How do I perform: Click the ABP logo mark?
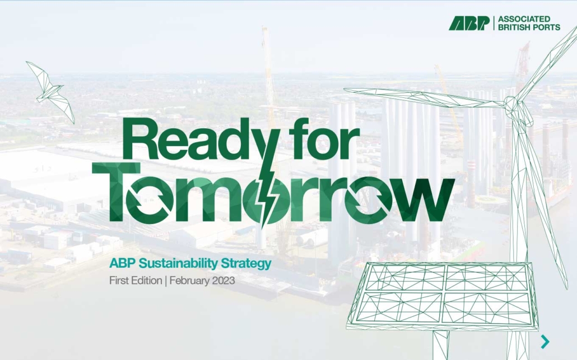pos(469,23)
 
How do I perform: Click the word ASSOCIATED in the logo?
pos(524,19)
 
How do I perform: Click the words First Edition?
pos(136,280)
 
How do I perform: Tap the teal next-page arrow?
pos(546,342)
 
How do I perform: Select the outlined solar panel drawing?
pos(442,296)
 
